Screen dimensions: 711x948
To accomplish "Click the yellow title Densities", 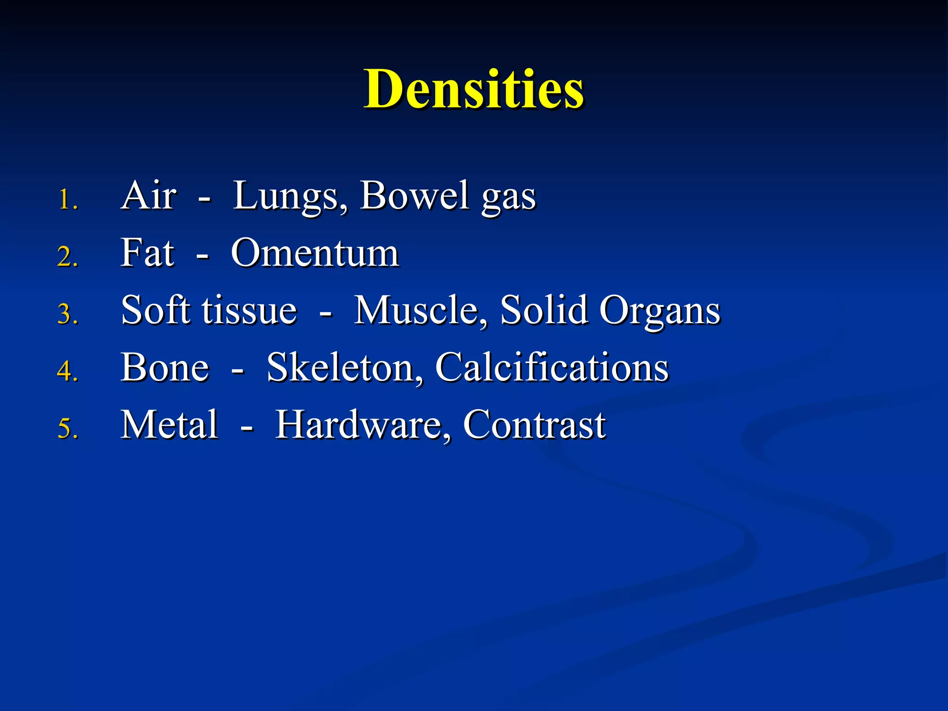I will click(474, 89).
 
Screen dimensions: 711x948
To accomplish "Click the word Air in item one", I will click(149, 196).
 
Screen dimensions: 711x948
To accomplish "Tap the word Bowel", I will click(415, 196).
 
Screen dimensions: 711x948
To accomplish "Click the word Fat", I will click(147, 253).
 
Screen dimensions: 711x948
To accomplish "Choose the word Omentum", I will click(315, 254).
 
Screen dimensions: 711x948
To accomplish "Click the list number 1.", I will click(68, 201).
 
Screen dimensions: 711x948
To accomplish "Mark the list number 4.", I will click(68, 372).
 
